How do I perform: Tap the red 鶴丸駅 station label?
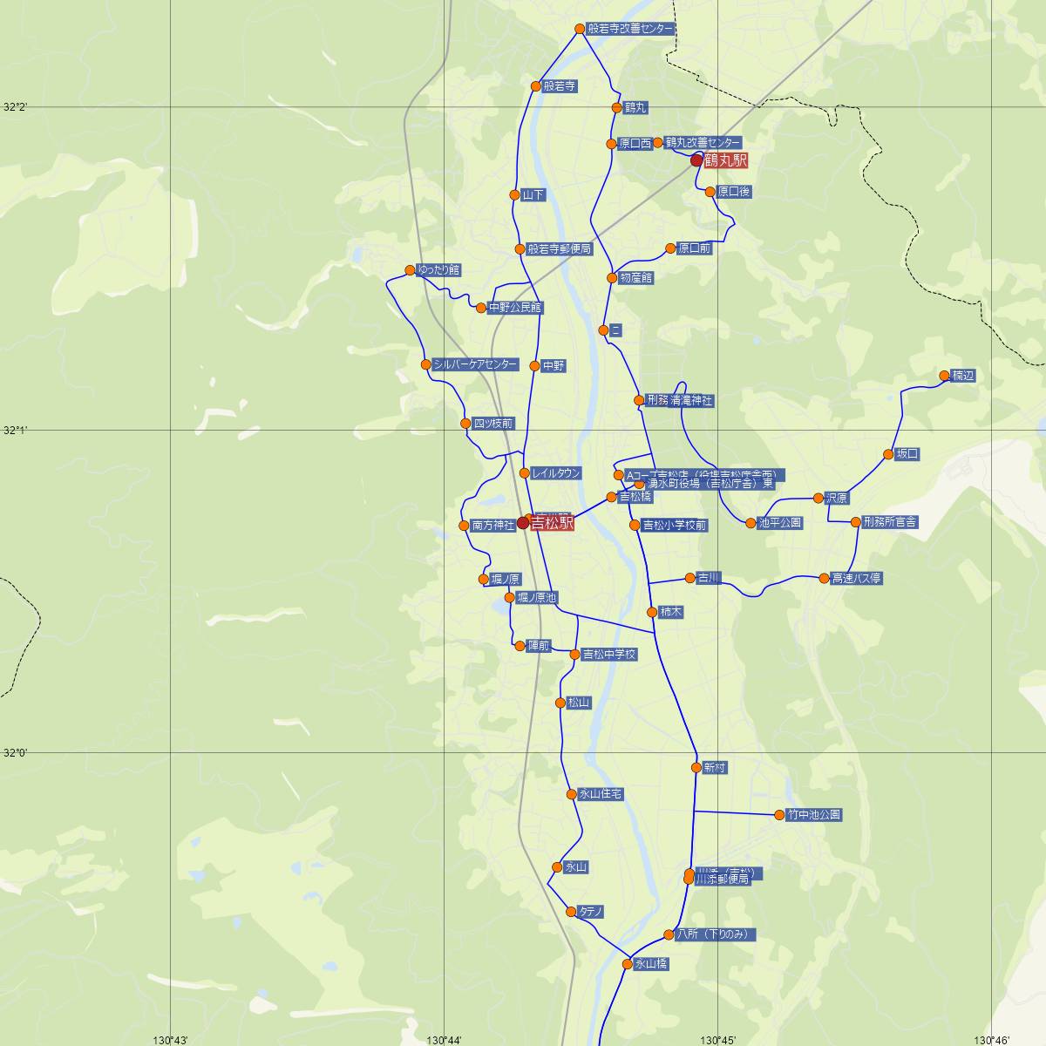click(725, 160)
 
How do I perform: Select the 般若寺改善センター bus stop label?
click(630, 29)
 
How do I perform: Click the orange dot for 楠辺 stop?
click(944, 376)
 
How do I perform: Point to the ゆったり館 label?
click(439, 270)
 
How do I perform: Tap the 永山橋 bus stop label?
click(652, 964)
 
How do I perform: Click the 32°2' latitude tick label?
click(15, 107)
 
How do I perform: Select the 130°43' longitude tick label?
click(171, 1039)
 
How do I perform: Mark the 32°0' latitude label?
click(15, 752)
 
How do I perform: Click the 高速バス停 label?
click(857, 578)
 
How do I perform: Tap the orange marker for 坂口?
click(888, 454)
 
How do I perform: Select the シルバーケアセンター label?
click(475, 364)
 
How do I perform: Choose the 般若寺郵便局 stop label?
click(560, 248)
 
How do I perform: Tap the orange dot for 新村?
click(696, 768)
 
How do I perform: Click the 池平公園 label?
click(780, 523)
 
